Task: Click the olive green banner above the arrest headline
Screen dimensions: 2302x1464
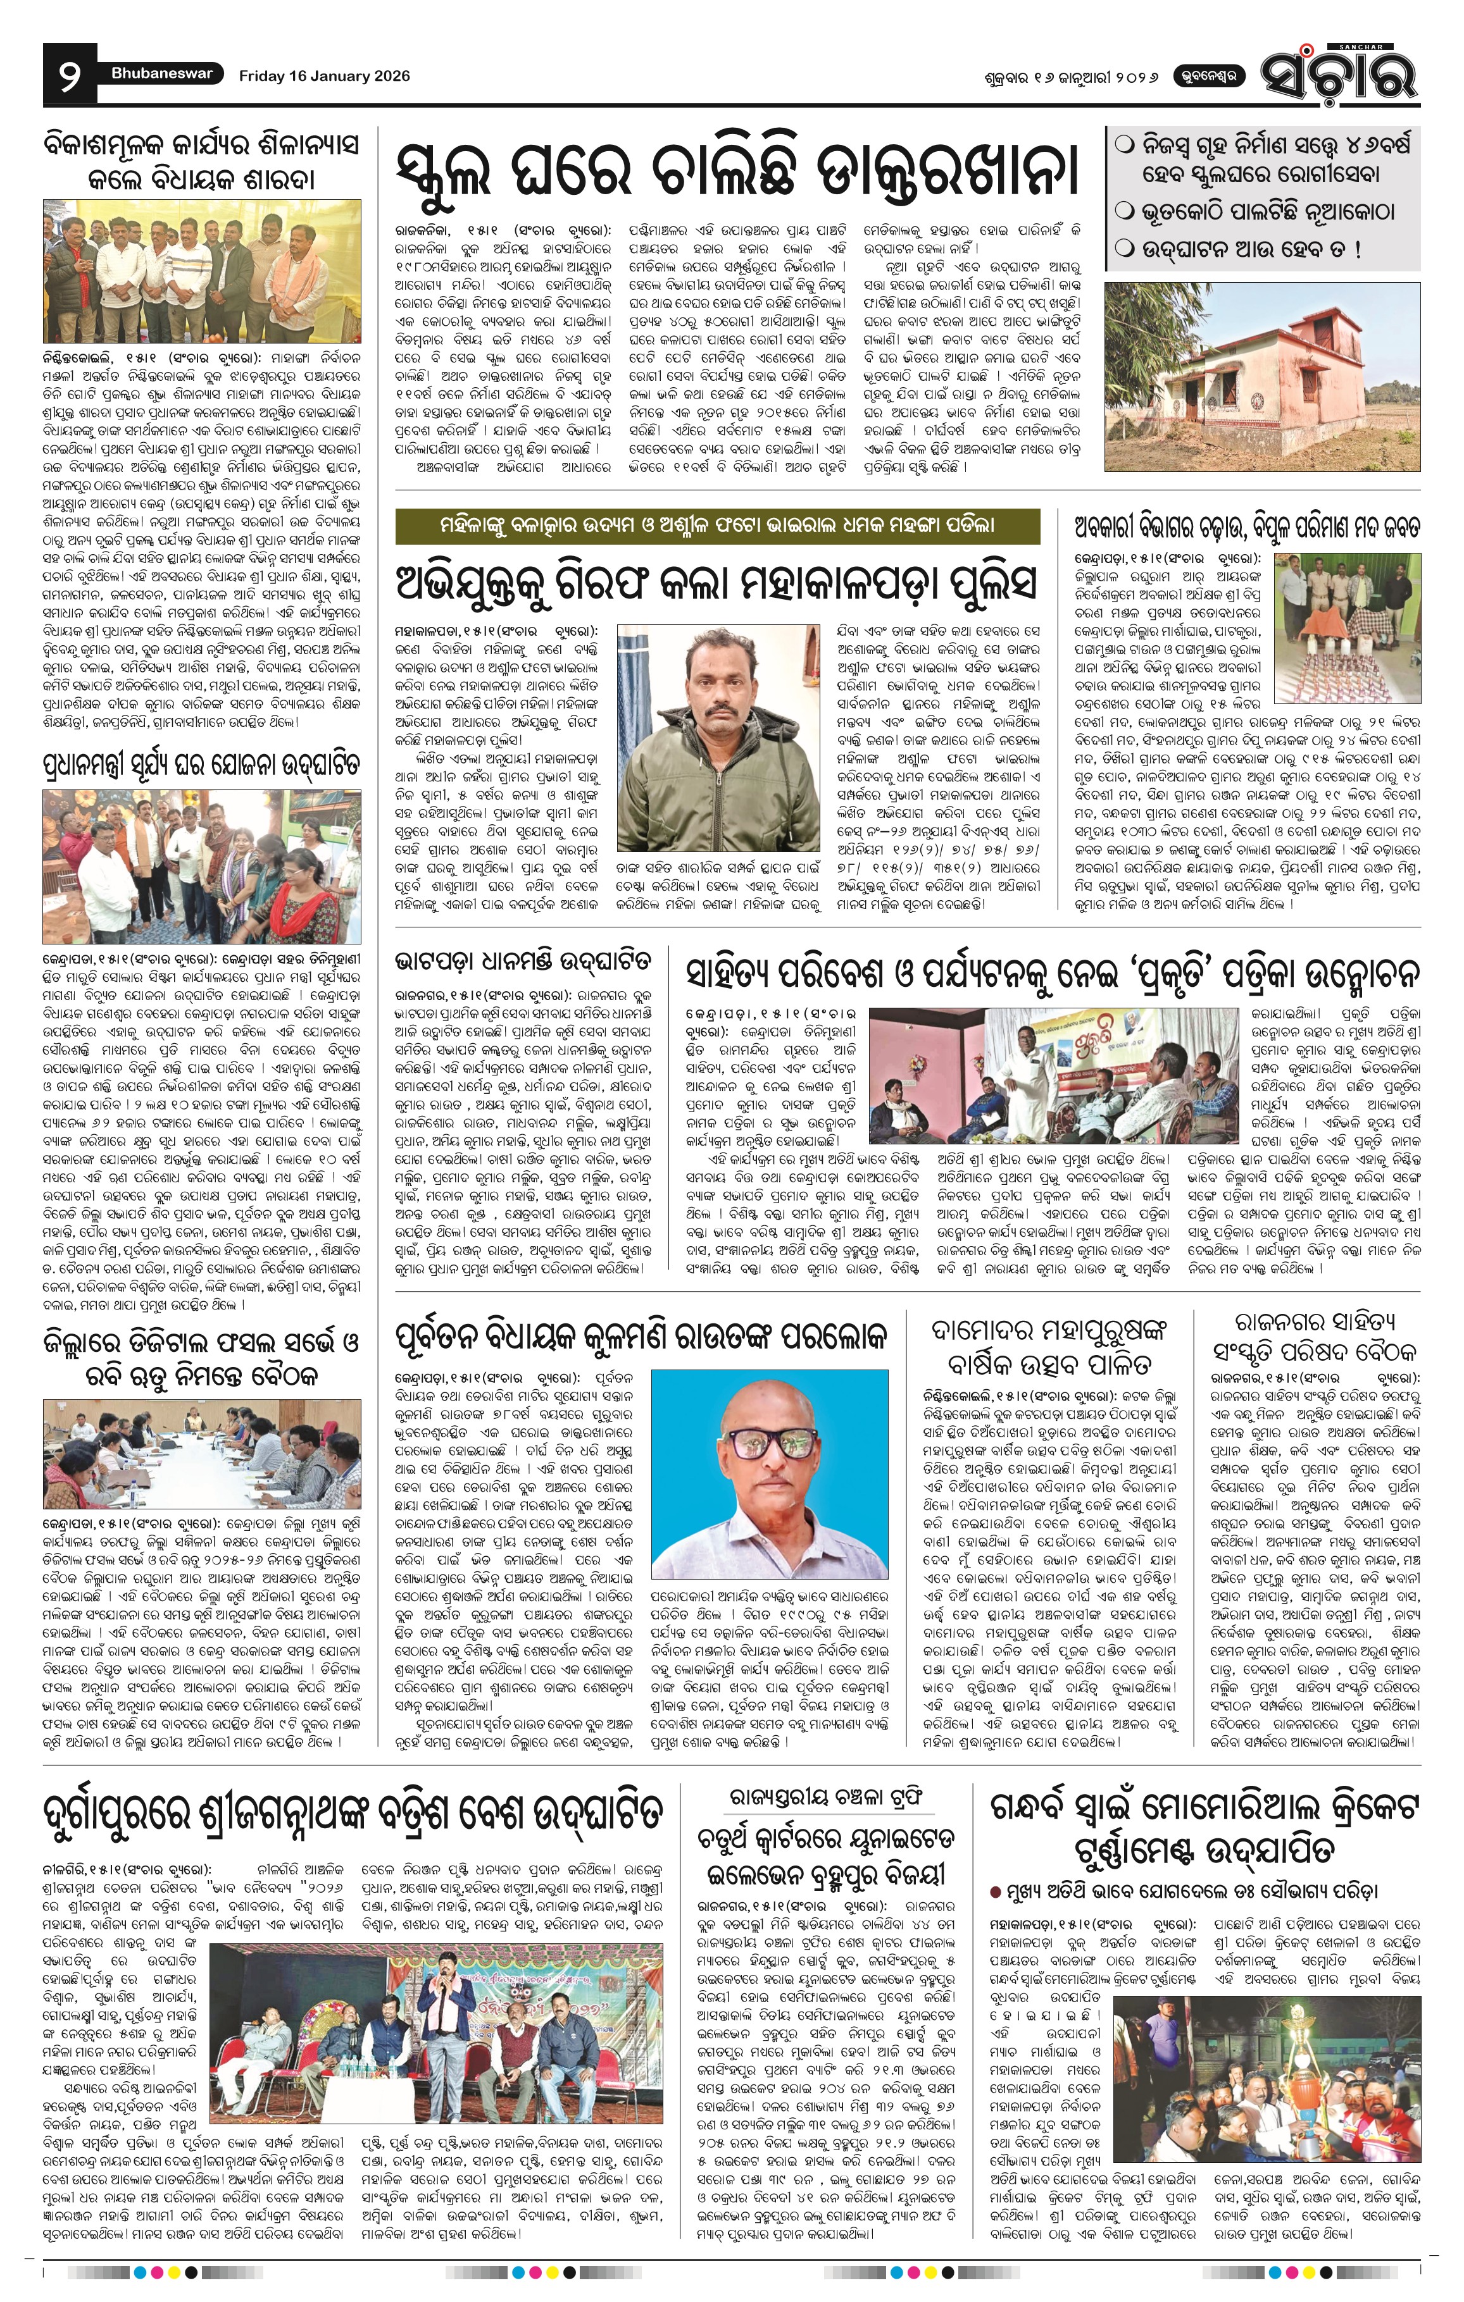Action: pos(717,525)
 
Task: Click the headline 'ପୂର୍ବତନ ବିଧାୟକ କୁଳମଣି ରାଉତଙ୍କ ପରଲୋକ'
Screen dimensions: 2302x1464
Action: pos(641,1335)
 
